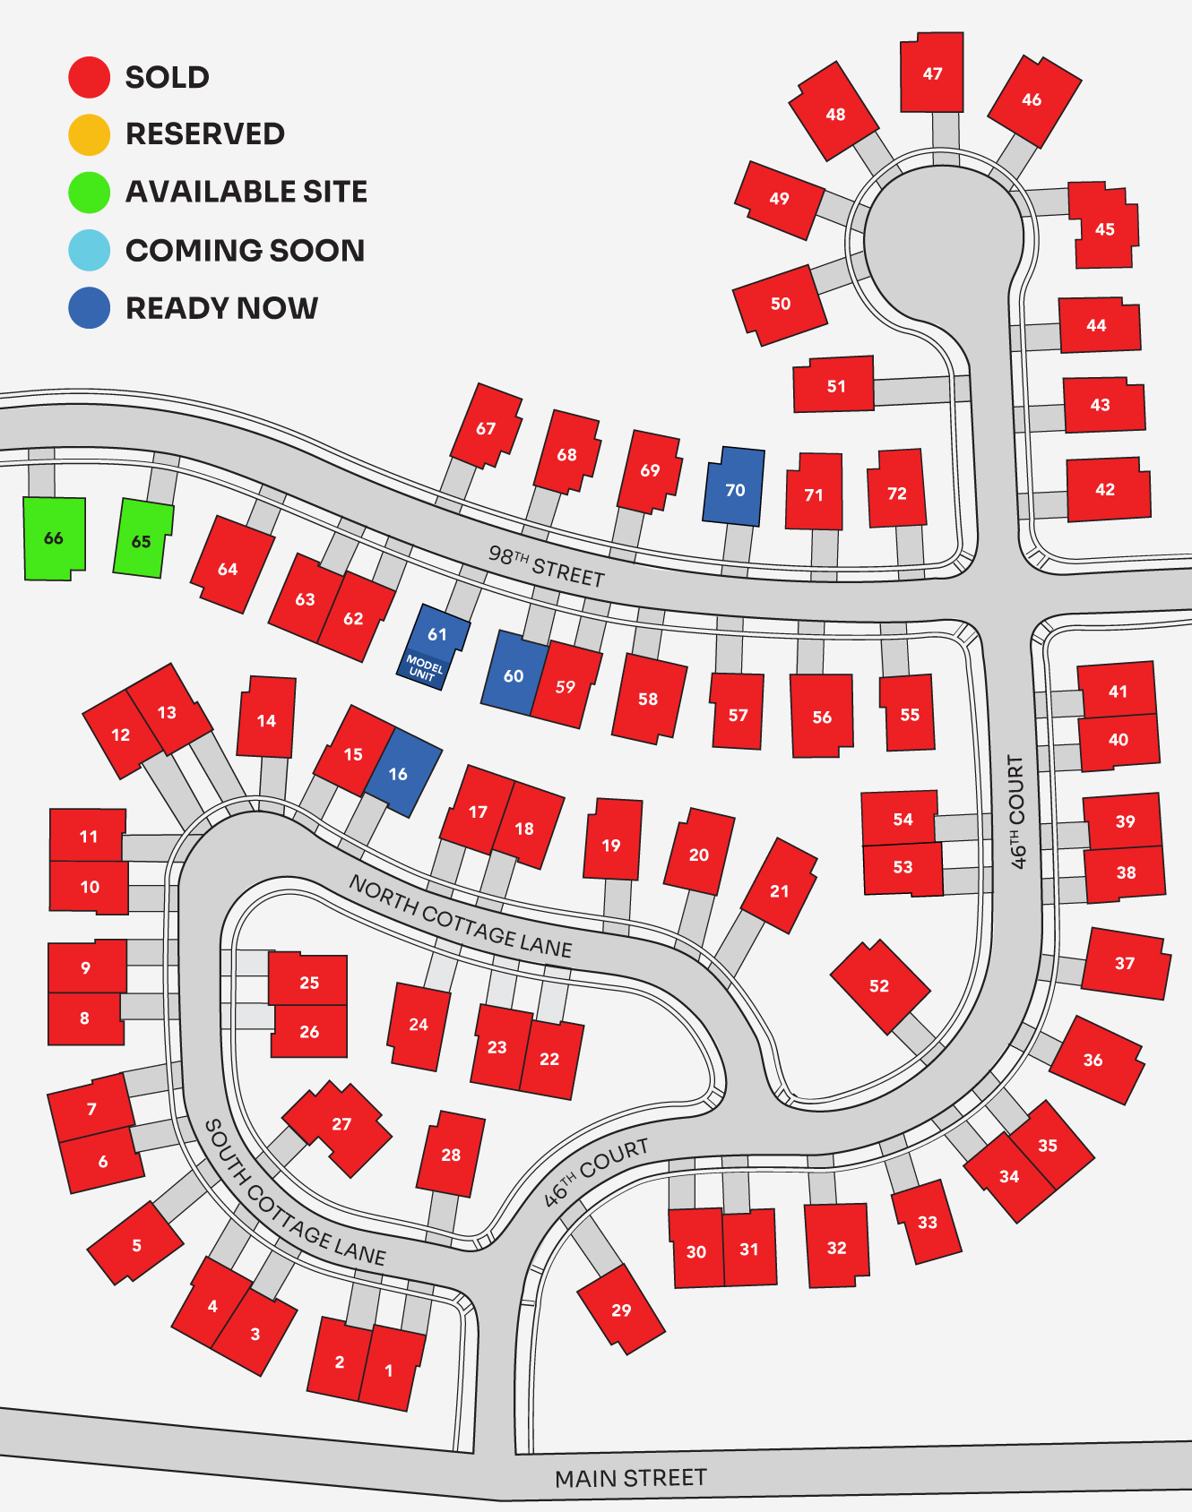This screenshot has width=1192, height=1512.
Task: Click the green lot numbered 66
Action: (54, 538)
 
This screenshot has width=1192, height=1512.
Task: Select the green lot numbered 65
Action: (142, 539)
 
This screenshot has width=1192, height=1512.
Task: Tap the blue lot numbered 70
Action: (734, 486)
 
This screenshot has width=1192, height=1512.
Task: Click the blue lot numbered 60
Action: (513, 674)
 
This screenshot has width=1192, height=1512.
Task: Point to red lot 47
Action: (932, 73)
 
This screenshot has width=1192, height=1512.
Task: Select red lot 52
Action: (879, 985)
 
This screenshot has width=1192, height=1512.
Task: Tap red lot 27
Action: (341, 1126)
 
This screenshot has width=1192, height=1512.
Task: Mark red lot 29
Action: (621, 1310)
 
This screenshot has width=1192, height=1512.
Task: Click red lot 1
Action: (391, 1370)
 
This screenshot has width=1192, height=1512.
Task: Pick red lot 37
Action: (1125, 964)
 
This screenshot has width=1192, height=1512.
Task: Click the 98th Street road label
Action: (547, 564)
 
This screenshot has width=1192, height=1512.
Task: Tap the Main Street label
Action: (630, 1478)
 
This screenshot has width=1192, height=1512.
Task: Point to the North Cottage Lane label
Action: (460, 915)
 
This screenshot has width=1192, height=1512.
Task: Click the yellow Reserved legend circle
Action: (89, 134)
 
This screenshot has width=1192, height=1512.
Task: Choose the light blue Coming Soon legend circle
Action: (89, 250)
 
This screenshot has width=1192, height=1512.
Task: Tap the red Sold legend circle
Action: (89, 77)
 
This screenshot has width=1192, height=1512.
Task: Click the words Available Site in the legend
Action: (246, 192)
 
